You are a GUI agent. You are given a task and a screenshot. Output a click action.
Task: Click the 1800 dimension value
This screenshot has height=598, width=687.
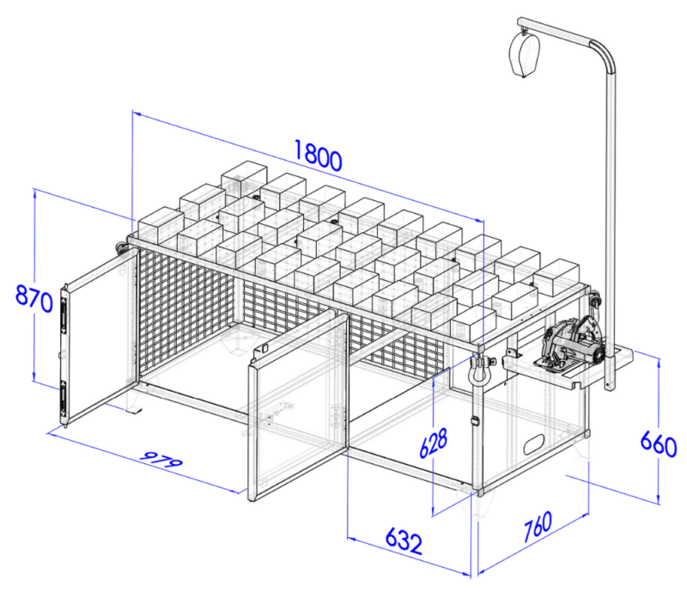tap(318, 155)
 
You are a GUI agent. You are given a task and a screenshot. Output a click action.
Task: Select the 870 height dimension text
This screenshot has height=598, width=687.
tap(33, 297)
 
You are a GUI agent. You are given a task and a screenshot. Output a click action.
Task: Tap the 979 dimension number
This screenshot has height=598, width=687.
tap(161, 458)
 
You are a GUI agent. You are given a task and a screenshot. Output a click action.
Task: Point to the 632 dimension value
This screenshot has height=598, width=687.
tap(404, 541)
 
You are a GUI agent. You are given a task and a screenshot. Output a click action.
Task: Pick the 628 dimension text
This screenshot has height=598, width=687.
tap(434, 442)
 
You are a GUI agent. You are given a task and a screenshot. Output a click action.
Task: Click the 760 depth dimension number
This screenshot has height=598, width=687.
tap(538, 526)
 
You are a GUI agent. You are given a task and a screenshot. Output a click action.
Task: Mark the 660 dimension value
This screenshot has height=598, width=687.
tap(659, 444)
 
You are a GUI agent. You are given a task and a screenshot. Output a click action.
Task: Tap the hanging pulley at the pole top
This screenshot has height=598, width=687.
tap(523, 52)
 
